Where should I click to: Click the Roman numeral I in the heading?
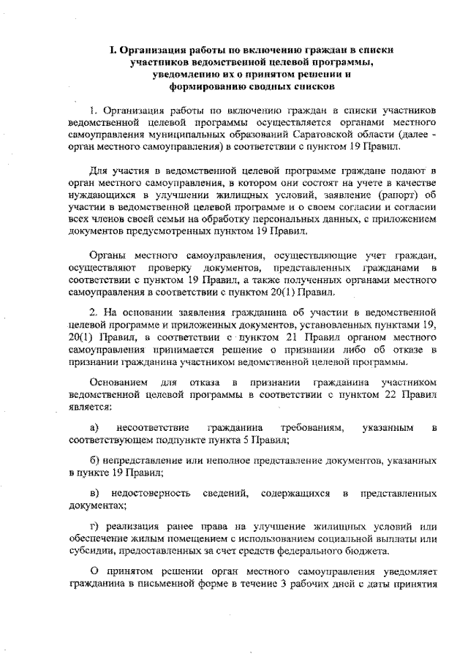(x=113, y=50)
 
